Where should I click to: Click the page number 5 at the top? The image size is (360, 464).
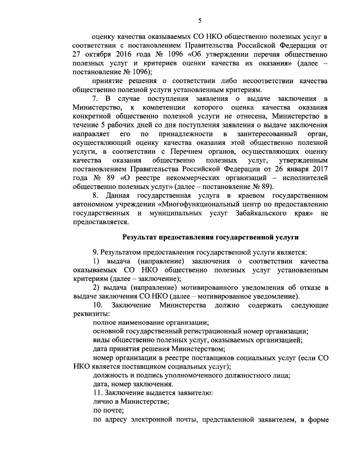click(200, 21)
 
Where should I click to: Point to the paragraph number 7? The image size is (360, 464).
click(96, 99)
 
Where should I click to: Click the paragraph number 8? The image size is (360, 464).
click(96, 196)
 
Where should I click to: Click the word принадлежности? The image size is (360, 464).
click(186, 133)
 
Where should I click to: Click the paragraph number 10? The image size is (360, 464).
click(98, 305)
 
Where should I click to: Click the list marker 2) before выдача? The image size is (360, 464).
click(96, 288)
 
